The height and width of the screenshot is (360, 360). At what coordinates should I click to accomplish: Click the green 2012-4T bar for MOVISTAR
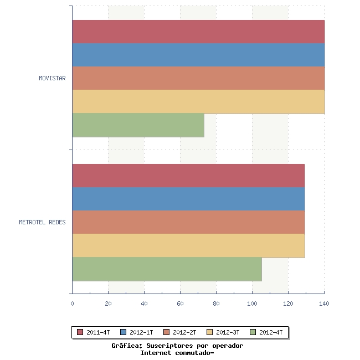coord(138,125)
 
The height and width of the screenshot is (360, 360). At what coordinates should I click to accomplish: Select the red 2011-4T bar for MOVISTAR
coord(199,32)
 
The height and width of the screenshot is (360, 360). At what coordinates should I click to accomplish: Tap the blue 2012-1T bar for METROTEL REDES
coord(189,199)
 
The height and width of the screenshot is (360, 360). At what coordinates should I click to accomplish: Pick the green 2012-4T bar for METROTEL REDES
coord(167,269)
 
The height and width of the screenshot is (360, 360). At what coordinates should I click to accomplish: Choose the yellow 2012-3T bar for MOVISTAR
coord(199,102)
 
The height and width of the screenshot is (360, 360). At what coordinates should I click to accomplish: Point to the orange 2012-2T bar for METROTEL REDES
coord(189,222)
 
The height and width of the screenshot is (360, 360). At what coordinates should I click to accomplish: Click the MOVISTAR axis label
coord(53,78)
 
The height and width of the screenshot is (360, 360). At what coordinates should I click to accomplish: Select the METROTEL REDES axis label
coord(42,222)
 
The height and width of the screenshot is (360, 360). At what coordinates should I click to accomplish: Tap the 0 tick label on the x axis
coord(73,304)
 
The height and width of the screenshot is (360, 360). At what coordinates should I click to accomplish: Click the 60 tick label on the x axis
coord(180,304)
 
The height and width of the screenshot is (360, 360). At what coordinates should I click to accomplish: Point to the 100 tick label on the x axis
coord(252,304)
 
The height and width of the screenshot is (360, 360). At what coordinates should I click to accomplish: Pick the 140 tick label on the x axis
coord(324,304)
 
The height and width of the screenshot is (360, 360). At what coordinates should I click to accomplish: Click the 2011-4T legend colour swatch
coord(80,332)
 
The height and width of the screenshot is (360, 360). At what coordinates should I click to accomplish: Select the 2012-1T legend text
coord(141,332)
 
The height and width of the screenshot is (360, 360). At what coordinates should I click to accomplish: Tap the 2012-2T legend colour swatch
coord(166,332)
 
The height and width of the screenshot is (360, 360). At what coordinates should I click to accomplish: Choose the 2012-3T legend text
coord(228,332)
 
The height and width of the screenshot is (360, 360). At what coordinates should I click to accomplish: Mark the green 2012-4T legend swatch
coord(253,332)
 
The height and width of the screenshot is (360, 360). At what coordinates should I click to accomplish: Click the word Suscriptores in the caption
coord(169,346)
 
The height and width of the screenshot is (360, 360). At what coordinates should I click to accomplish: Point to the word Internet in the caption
coord(156,353)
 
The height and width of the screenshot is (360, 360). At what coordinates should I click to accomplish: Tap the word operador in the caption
coord(228,346)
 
